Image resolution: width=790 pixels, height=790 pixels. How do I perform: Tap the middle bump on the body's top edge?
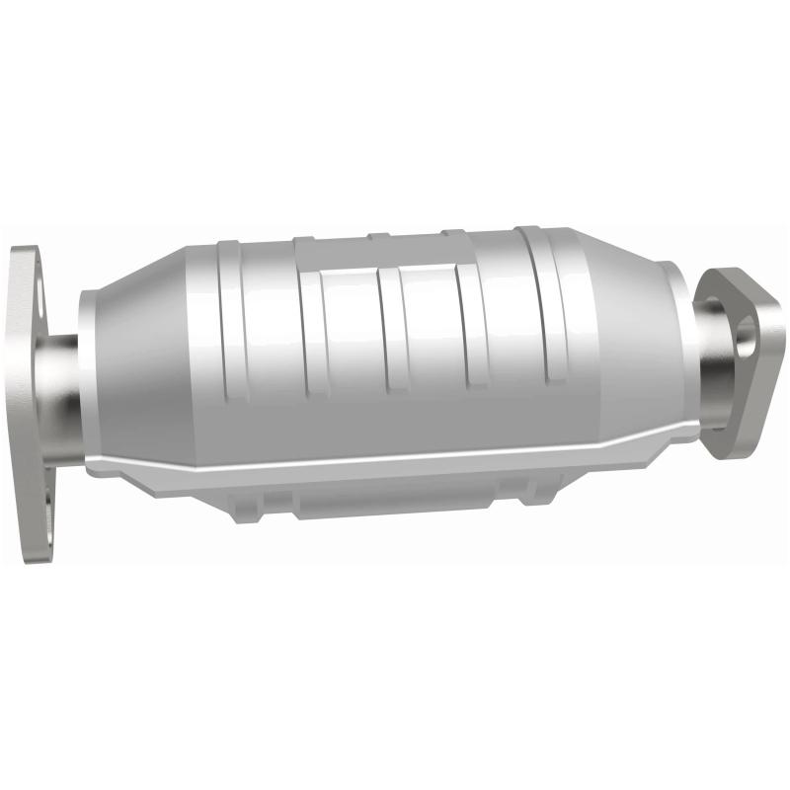pos(376,236)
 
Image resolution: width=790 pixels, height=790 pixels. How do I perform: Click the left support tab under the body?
pos(248,508)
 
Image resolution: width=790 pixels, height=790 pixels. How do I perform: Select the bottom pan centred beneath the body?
pos(395,504)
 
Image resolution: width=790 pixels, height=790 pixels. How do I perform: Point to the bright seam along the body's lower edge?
pos(395,465)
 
